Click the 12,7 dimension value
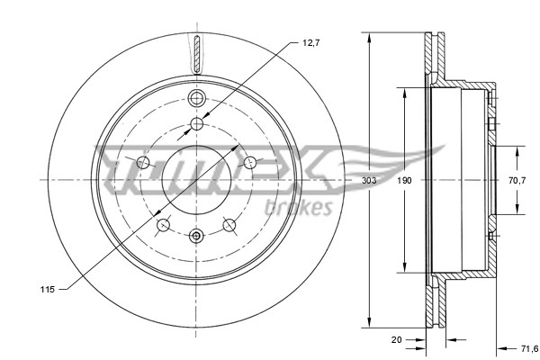pos(310,41)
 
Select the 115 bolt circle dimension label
pos(49,288)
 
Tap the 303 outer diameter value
pos(369,180)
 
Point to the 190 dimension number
pos(405,180)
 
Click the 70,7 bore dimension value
pos(517,180)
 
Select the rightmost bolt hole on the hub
pos(252,162)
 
